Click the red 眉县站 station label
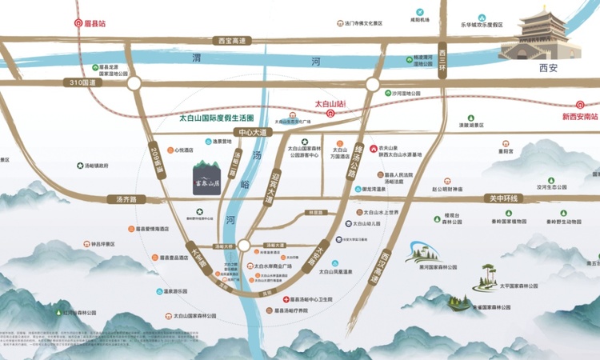pyautogui.click(x=94, y=23)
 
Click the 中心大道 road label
pyautogui.click(x=250, y=132)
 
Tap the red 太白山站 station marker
pyautogui.click(x=330, y=113)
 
